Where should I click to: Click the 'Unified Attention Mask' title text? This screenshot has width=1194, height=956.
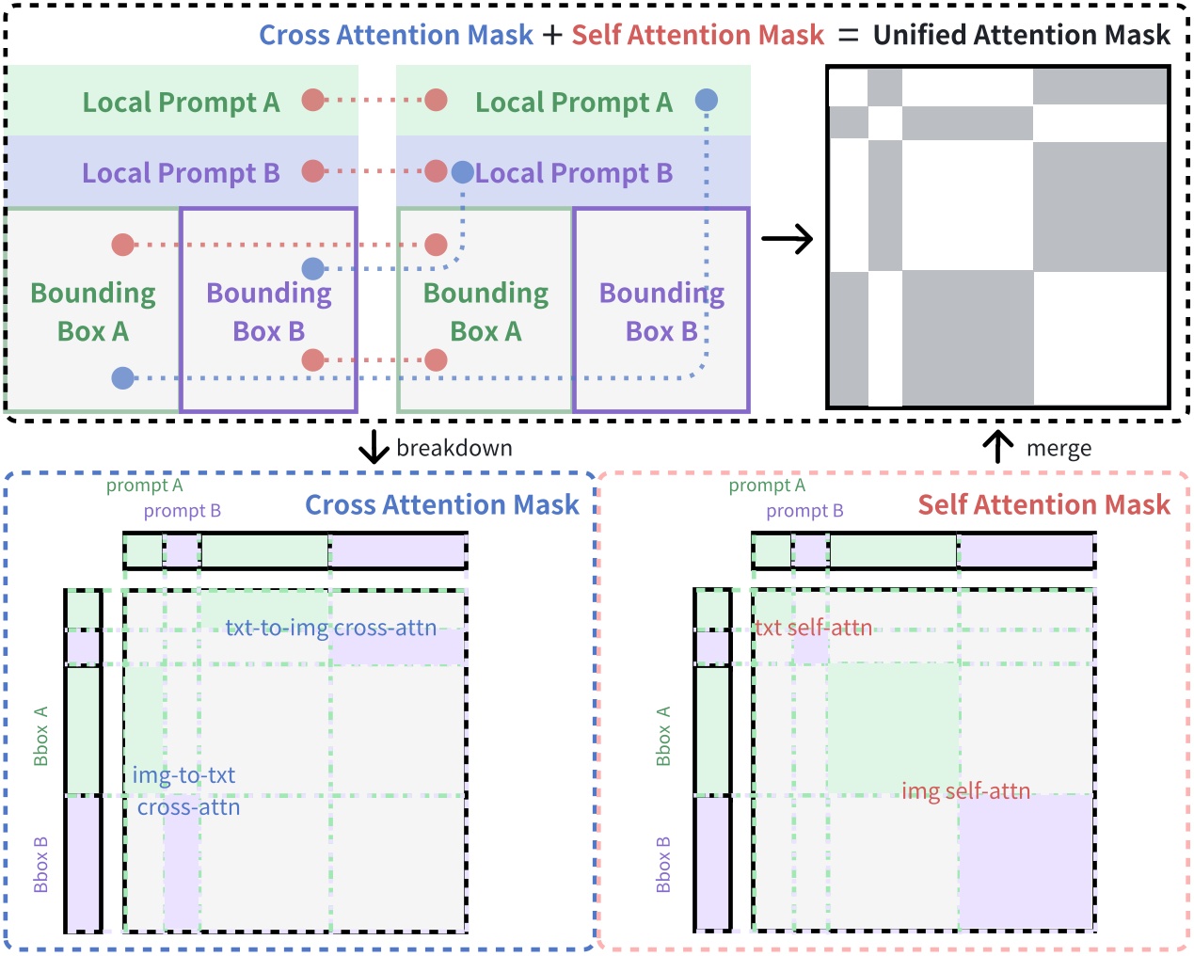(1021, 35)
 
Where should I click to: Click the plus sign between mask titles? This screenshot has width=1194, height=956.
(552, 36)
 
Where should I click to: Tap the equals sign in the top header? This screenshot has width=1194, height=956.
(848, 36)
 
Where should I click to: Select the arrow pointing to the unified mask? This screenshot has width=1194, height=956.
(787, 239)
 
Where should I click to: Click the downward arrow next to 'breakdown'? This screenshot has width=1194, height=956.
(374, 447)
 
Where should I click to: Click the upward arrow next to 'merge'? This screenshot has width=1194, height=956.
(997, 447)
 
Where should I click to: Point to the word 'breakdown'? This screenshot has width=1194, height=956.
(454, 448)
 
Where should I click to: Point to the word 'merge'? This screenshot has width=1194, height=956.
(1059, 449)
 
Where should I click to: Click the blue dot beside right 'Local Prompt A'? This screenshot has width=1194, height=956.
(707, 100)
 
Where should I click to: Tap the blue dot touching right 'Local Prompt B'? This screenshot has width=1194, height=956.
(462, 171)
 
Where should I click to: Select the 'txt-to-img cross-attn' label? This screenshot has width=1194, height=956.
(330, 628)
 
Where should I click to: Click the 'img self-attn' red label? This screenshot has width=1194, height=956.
(965, 790)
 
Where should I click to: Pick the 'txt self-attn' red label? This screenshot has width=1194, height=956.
(813, 628)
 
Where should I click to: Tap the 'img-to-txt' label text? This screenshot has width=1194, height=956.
(183, 775)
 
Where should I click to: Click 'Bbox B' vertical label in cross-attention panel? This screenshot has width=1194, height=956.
(40, 864)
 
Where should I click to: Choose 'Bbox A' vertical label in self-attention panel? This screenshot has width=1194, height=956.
(663, 736)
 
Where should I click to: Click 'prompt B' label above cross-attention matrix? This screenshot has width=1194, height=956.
(182, 511)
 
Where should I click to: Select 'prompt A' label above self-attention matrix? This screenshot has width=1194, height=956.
(767, 486)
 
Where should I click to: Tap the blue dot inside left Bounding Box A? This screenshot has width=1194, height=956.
(123, 378)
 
